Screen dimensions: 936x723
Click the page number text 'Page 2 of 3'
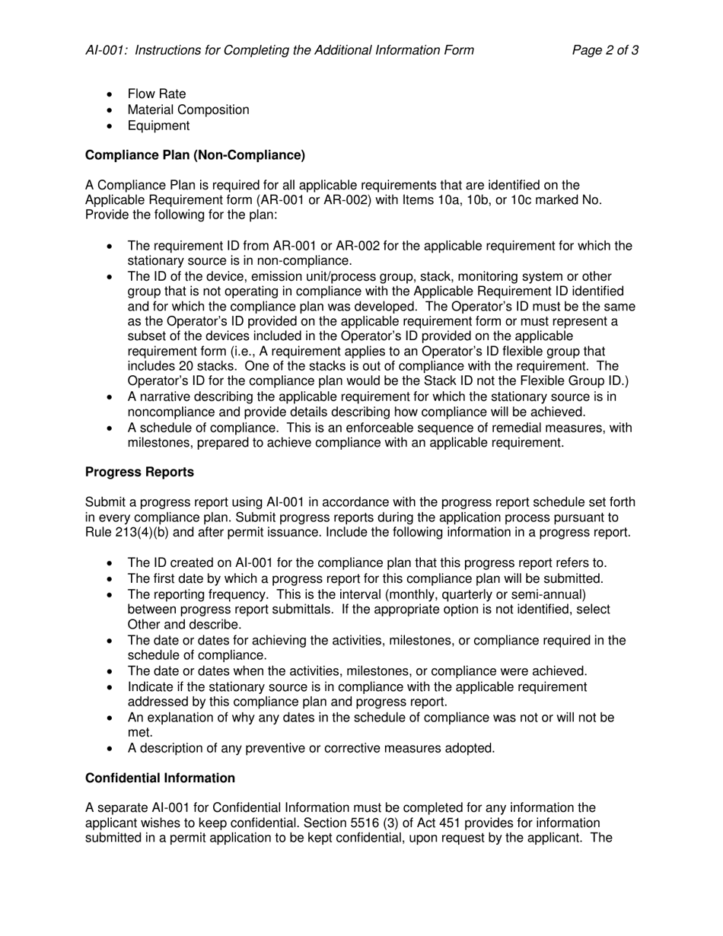click(x=605, y=51)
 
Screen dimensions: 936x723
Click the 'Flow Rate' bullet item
click(x=157, y=94)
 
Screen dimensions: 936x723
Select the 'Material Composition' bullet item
click(x=188, y=110)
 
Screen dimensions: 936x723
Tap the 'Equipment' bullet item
click(x=158, y=126)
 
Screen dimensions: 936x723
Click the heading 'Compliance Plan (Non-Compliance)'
click(x=195, y=155)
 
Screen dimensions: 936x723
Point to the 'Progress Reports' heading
click(x=139, y=472)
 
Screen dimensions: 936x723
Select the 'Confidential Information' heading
click(x=160, y=778)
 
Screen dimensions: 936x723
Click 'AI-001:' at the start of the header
click(x=107, y=51)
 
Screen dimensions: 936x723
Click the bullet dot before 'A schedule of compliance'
click(x=111, y=428)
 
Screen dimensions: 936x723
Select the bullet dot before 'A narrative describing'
click(x=111, y=397)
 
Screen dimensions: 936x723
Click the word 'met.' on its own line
click(x=140, y=733)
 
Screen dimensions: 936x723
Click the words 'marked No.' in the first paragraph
click(x=570, y=200)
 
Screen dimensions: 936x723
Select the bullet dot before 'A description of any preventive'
click(x=111, y=749)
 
